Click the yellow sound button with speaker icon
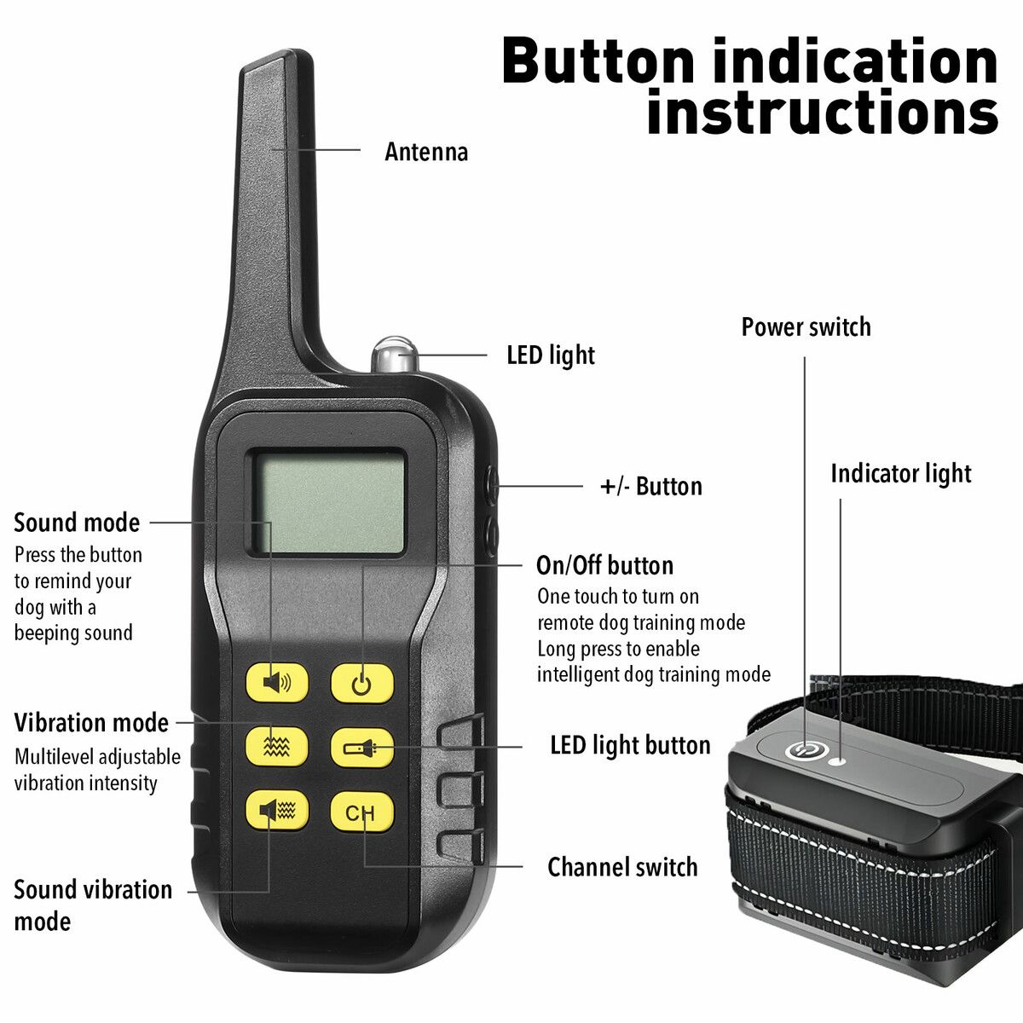click(x=276, y=682)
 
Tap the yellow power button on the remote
click(x=362, y=683)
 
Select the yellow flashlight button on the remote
click(x=362, y=748)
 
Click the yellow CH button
click(x=362, y=812)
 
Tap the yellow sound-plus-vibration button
click(x=276, y=810)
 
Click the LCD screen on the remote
click(x=329, y=502)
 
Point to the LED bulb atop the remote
click(x=395, y=355)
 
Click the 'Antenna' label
click(x=426, y=152)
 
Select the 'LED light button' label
click(x=630, y=745)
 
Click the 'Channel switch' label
click(x=622, y=867)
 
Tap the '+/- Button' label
click(x=650, y=486)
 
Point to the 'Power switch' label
click(x=806, y=327)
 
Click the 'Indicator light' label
click(x=901, y=473)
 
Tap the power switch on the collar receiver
click(x=806, y=750)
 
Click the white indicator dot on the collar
click(x=838, y=760)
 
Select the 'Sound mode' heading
click(x=77, y=523)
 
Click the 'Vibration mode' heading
click(x=91, y=723)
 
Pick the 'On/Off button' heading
click(x=604, y=565)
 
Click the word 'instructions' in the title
click(x=823, y=111)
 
